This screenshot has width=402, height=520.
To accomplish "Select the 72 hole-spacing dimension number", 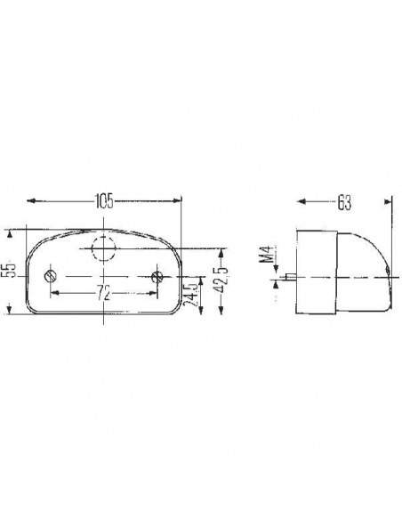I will [104, 293].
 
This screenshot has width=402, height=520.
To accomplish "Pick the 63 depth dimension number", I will [344, 203].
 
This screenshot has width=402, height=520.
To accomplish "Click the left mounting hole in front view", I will [52, 277].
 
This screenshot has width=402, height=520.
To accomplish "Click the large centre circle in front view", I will [104, 248].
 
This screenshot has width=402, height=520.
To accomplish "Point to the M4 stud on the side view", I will [291, 277].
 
